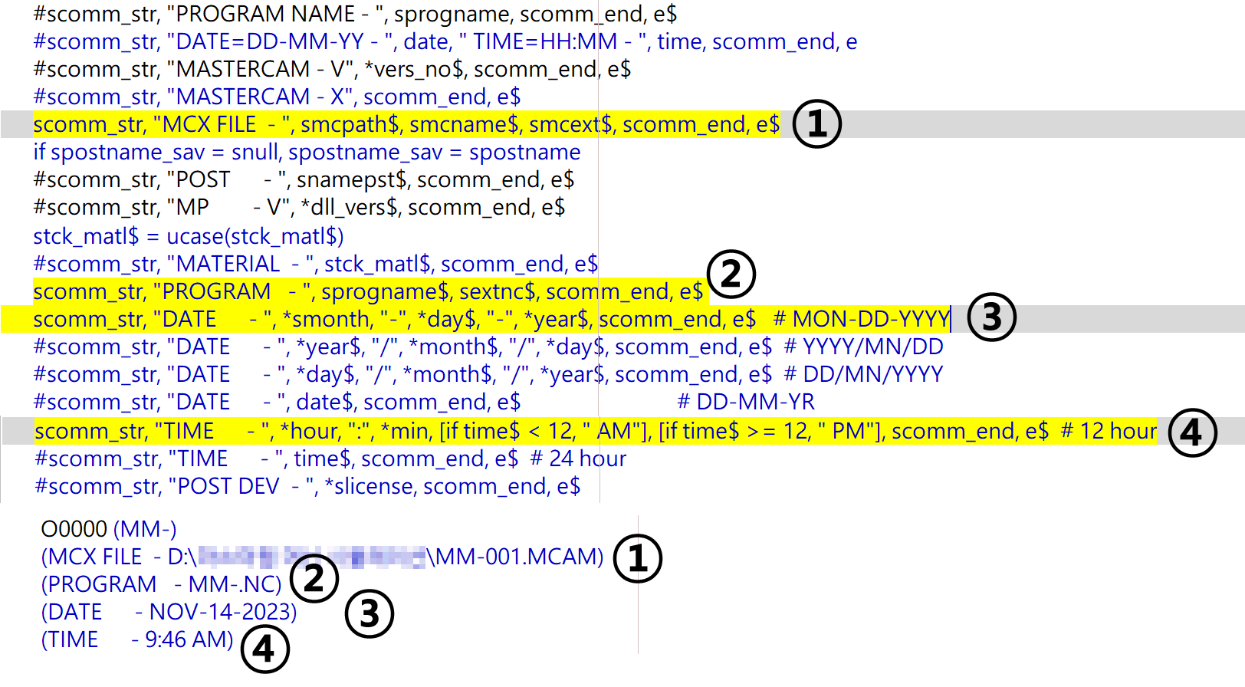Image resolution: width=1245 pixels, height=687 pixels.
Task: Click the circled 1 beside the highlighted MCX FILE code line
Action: pyautogui.click(x=816, y=124)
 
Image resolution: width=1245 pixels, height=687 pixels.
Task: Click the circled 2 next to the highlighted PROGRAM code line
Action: pyautogui.click(x=731, y=274)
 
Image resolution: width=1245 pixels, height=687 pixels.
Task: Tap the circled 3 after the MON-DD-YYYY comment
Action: pyautogui.click(x=991, y=317)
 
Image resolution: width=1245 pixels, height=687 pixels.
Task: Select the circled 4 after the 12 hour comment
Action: pyautogui.click(x=1192, y=432)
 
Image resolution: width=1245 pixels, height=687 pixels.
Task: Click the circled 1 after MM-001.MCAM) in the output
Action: pyautogui.click(x=637, y=558)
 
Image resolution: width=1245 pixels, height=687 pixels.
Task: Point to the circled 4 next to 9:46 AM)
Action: pyautogui.click(x=264, y=649)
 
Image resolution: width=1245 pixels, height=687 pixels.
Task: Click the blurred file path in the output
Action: pyautogui.click(x=311, y=557)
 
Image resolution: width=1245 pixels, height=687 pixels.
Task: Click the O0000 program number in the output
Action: pyautogui.click(x=74, y=529)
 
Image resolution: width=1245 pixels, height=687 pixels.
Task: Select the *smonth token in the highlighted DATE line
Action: pyautogui.click(x=326, y=319)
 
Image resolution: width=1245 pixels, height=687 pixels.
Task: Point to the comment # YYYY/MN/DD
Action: pyautogui.click(x=863, y=347)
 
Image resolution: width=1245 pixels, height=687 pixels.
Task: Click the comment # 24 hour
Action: pyautogui.click(x=578, y=459)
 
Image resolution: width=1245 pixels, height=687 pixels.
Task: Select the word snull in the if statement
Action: pyautogui.click(x=255, y=152)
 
